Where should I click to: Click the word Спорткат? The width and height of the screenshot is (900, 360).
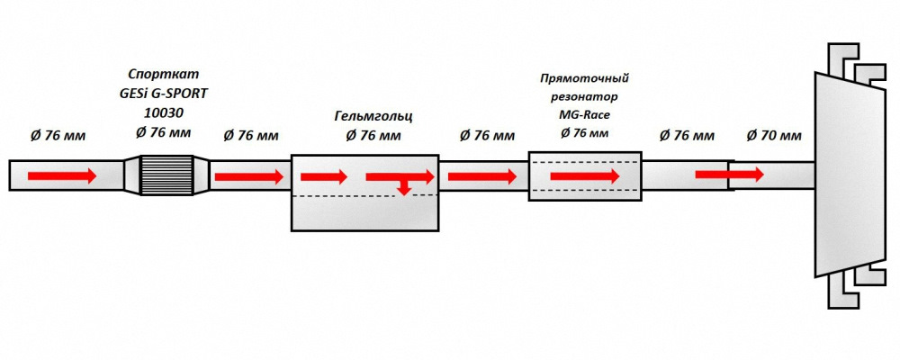point(163,74)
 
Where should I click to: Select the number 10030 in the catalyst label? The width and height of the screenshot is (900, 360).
point(164,112)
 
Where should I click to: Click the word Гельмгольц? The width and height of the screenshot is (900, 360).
point(373,117)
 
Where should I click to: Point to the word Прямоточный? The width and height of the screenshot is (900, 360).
point(585,78)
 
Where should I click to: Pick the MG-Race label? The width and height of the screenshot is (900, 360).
point(585,115)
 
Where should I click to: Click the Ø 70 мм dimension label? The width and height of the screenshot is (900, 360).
point(774,136)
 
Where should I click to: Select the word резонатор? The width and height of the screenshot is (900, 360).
point(585,97)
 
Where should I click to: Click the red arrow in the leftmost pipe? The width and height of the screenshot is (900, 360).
point(62,176)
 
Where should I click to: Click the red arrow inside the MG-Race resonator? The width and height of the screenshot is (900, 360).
point(585,176)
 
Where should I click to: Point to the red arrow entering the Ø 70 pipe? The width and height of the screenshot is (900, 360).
point(730,174)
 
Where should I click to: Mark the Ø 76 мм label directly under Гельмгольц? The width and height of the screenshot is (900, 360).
point(373,136)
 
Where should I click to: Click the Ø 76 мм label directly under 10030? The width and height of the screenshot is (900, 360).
point(164,132)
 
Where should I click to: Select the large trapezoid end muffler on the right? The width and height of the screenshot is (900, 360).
point(850,175)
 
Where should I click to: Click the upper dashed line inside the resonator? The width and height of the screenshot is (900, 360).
point(585,163)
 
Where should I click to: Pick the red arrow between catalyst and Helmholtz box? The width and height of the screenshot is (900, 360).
point(249,176)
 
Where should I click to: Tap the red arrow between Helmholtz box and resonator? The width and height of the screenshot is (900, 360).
point(482,176)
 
